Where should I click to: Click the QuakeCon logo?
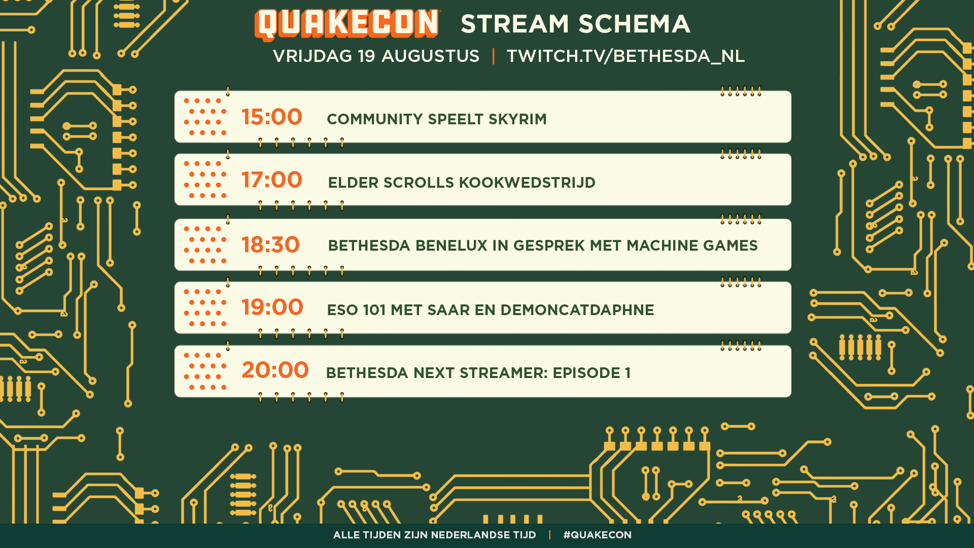pyautogui.click(x=347, y=24)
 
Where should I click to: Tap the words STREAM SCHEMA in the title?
pyautogui.click(x=575, y=24)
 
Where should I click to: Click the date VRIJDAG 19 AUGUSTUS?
pyautogui.click(x=376, y=56)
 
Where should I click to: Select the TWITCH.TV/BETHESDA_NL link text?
pyautogui.click(x=625, y=56)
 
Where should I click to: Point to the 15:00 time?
pyautogui.click(x=271, y=117)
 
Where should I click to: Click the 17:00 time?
pyautogui.click(x=271, y=180)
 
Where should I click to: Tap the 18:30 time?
pyautogui.click(x=270, y=245)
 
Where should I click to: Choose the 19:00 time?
pyautogui.click(x=272, y=307)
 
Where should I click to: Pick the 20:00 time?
pyautogui.click(x=275, y=370)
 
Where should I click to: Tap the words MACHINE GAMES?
pyautogui.click(x=692, y=246)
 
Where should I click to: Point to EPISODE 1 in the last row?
pyautogui.click(x=592, y=373)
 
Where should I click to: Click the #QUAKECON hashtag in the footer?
pyautogui.click(x=598, y=535)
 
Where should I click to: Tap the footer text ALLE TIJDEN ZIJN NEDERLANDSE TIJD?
pyautogui.click(x=435, y=535)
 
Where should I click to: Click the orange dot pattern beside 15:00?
pyautogui.click(x=205, y=117)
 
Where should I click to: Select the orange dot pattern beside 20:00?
pyautogui.click(x=205, y=371)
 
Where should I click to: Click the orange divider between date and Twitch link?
pyautogui.click(x=493, y=56)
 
